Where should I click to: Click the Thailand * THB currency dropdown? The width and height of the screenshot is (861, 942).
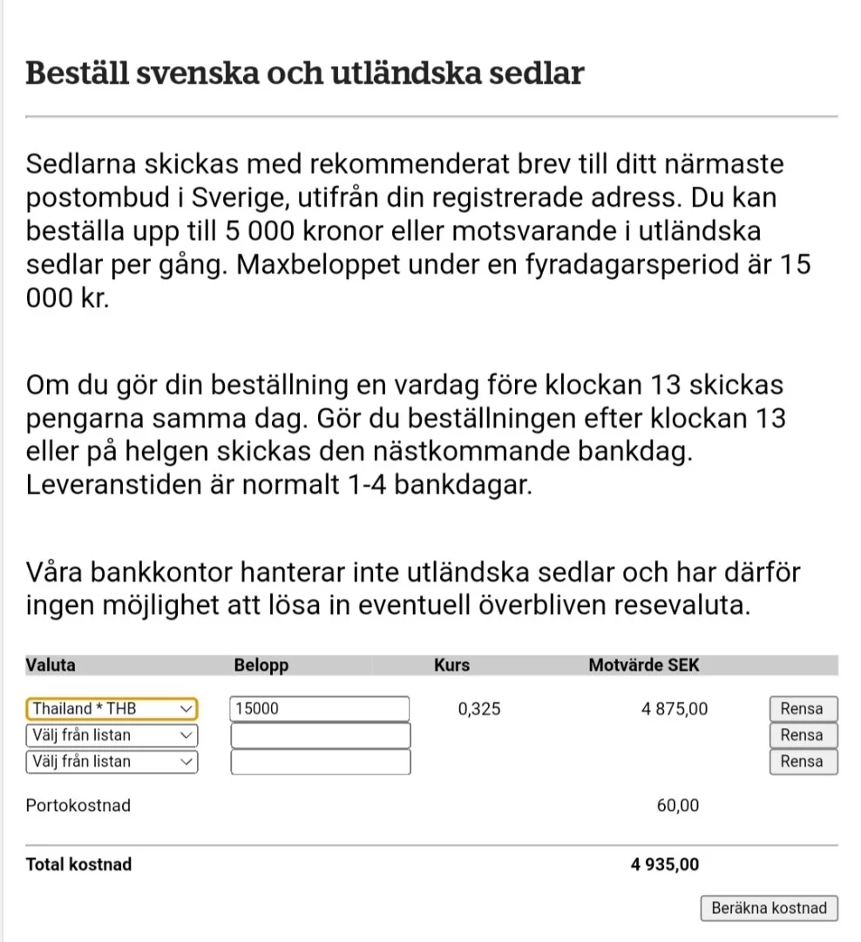point(112,709)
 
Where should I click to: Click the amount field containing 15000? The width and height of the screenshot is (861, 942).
point(319,709)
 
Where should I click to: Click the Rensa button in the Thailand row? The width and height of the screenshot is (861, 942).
point(802,709)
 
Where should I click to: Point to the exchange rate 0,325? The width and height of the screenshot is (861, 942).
point(479,709)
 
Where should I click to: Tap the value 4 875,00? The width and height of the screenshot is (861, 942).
point(675,709)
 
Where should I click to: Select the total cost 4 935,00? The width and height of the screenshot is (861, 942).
point(664,865)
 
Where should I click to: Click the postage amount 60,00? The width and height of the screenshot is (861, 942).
point(677,806)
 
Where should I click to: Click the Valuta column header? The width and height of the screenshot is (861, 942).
point(51,666)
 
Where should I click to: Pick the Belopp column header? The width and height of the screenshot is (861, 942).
point(261,666)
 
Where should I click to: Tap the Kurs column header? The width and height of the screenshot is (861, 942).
point(451,666)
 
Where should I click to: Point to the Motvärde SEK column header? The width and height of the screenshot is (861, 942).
point(644,666)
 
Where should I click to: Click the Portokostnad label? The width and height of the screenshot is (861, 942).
point(78,806)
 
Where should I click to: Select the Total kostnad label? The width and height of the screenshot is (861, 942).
point(79,865)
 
